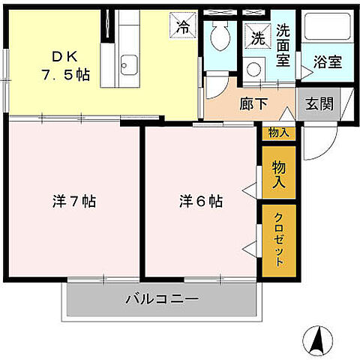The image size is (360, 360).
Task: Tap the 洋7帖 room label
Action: tap(73, 202)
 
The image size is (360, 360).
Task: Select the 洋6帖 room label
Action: tap(200, 202)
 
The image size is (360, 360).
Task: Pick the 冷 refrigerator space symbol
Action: tap(184, 25)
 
